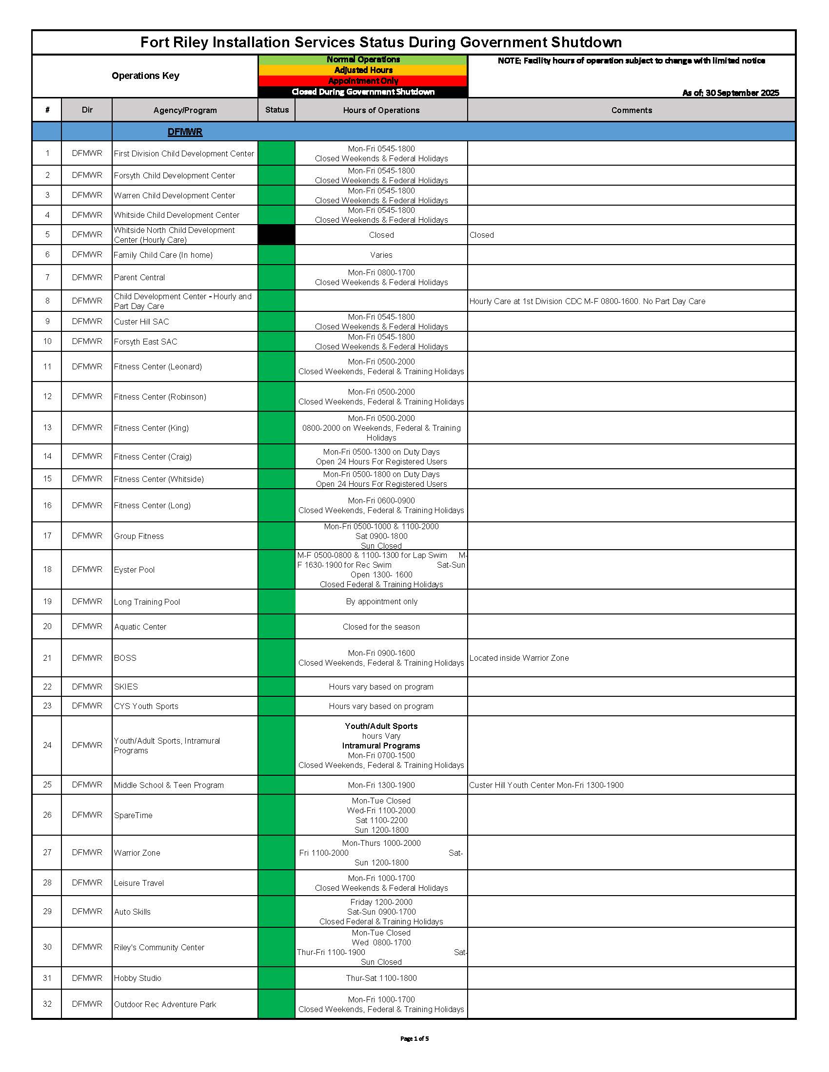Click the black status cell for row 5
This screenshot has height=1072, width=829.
(x=276, y=235)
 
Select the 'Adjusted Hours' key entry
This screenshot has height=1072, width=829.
(x=363, y=70)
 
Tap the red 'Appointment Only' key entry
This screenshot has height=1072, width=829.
(x=363, y=81)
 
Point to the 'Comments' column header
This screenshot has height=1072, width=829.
(x=631, y=110)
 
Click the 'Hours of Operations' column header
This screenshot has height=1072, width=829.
(x=381, y=110)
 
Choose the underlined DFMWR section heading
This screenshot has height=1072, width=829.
(x=185, y=132)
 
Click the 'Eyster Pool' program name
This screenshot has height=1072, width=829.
(x=134, y=569)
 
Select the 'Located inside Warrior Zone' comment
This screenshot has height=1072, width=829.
(x=519, y=658)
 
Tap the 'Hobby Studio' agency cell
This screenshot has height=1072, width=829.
(x=138, y=978)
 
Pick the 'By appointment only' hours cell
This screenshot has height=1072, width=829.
(x=381, y=601)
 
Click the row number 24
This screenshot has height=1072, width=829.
(x=47, y=745)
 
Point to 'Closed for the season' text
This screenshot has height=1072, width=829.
(x=381, y=627)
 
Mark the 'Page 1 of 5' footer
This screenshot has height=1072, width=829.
(x=414, y=1038)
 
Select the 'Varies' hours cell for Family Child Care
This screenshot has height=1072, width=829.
(x=381, y=255)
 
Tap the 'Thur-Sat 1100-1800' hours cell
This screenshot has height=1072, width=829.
(x=381, y=978)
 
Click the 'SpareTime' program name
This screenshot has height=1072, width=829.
(x=133, y=815)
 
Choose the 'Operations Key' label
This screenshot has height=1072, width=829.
(x=145, y=76)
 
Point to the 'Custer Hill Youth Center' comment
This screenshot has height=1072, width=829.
(x=546, y=785)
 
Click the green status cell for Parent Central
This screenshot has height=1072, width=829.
(x=276, y=277)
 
